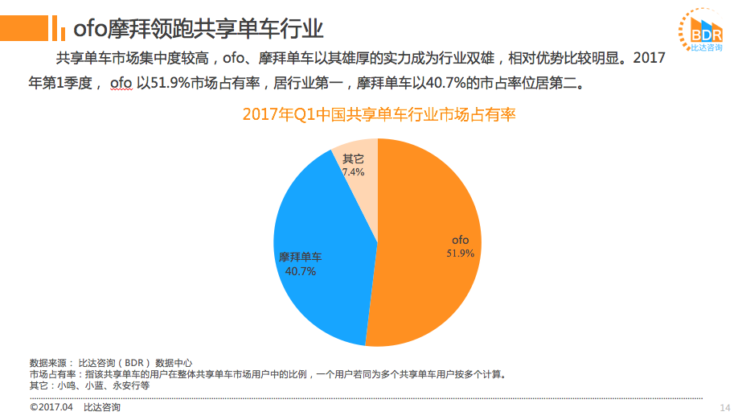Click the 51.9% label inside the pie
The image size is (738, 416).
point(461,253)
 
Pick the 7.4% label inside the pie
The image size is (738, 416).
point(353,171)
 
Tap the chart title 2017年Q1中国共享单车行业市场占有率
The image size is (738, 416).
point(379,115)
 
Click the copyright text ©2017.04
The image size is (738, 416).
point(51,407)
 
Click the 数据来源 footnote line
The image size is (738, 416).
point(110,363)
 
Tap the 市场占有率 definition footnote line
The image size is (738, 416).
point(265,374)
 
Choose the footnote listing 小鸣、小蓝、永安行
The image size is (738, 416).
point(89,385)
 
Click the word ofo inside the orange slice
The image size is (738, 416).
point(460,240)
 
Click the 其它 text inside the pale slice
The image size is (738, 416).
point(353,159)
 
